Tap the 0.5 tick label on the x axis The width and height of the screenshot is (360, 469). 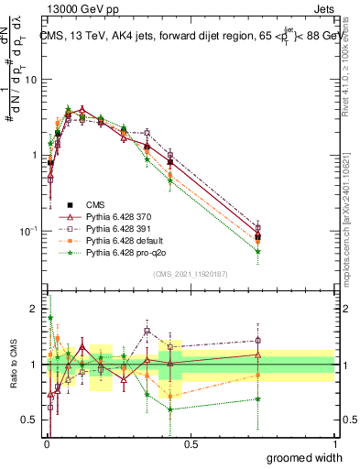pos(191,443)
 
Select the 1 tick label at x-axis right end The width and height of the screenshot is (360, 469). pos(334,443)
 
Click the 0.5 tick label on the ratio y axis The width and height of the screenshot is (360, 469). pos(30,420)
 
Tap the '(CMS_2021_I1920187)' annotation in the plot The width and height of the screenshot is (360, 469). pos(191,274)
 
